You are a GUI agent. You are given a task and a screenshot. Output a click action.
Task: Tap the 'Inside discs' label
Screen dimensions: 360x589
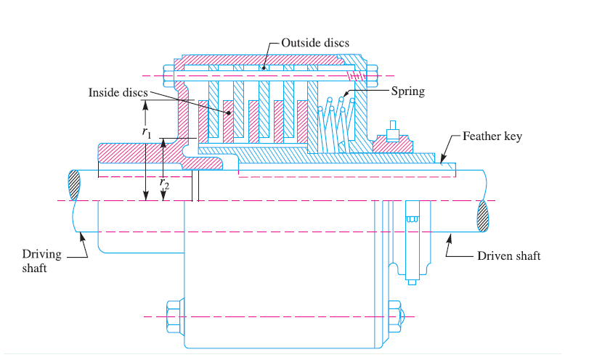click(118, 93)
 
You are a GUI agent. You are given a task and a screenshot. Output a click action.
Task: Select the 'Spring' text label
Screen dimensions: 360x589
click(407, 91)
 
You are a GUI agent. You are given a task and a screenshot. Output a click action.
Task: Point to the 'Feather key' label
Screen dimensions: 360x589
click(492, 136)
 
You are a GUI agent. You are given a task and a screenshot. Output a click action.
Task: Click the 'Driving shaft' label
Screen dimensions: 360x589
click(41, 261)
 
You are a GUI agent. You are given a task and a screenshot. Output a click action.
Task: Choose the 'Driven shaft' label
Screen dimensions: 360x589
click(508, 256)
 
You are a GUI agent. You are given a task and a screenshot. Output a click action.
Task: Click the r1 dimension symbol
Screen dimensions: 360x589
click(147, 133)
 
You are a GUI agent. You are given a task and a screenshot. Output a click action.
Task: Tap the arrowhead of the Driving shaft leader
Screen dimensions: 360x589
click(81, 232)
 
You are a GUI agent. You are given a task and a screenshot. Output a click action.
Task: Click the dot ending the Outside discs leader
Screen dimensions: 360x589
click(264, 68)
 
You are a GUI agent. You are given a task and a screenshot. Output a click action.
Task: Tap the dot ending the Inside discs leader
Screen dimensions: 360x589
click(229, 112)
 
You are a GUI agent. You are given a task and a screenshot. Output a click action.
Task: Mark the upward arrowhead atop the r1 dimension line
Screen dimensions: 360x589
click(146, 102)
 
